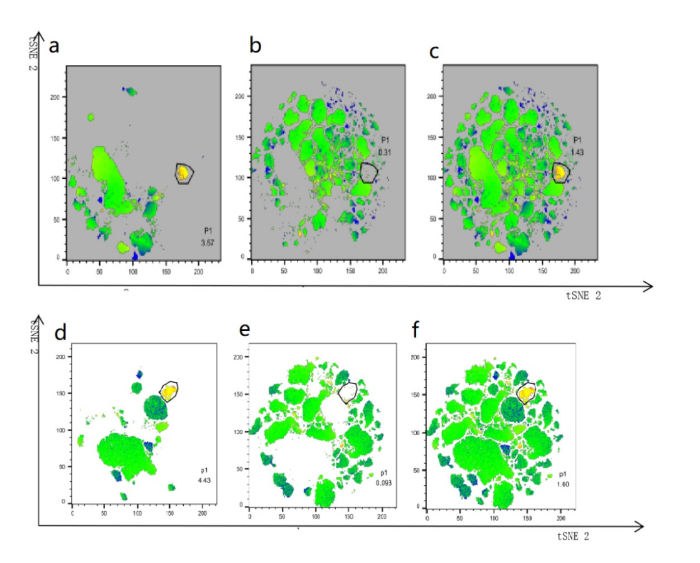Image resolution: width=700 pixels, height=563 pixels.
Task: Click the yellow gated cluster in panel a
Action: coord(183,173)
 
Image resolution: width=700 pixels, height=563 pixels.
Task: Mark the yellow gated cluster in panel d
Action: coord(169,391)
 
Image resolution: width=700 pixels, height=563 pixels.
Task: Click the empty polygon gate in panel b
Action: coord(368,173)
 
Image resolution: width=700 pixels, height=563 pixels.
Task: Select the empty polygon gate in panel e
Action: coord(349,392)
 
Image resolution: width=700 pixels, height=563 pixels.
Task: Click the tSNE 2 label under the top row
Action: coord(587,296)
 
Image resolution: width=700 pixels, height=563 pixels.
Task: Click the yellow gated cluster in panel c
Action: coord(559,172)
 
